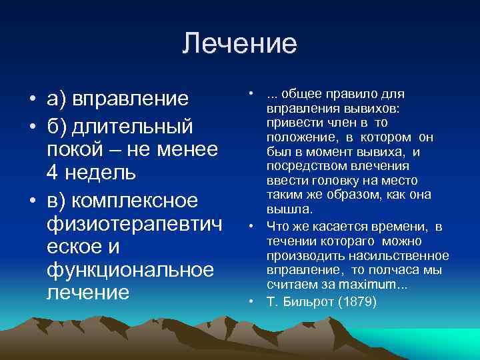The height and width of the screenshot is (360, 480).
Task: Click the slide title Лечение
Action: point(239,44)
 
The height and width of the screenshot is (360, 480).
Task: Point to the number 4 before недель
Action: point(53,173)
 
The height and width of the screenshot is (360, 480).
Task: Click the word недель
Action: point(101,173)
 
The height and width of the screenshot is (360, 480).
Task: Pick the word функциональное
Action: point(130,270)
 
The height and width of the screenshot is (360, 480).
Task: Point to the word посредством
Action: point(301,165)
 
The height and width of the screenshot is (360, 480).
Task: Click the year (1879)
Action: point(357,301)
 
